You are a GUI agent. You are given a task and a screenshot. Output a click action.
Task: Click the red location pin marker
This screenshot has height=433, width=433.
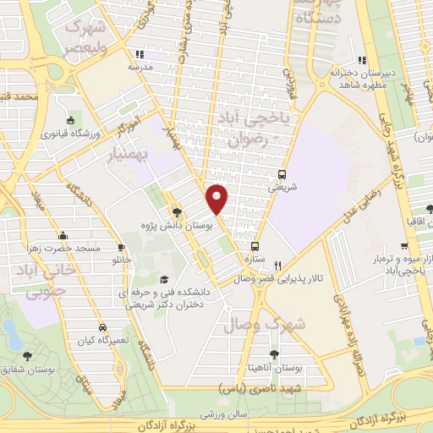pos(217,199)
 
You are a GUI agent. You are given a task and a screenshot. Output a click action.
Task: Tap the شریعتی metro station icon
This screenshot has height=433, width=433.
pos(283,175)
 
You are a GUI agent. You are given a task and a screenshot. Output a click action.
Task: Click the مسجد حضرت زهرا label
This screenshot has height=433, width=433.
pos(71,249)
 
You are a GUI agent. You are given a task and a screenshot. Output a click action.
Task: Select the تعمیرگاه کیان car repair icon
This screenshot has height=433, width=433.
pos(102,326)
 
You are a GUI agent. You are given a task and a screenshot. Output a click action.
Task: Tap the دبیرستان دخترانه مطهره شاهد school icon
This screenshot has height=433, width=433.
pos(363,60)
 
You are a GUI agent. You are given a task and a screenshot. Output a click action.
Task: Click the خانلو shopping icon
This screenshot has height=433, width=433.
pos(104,260)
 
